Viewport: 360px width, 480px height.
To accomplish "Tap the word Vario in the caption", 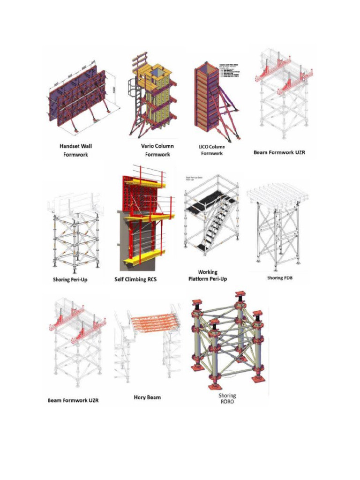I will coord(149,146).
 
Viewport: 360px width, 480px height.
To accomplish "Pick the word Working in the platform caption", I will coord(208,272).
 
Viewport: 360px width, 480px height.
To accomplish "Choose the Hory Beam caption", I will coord(147,397).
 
